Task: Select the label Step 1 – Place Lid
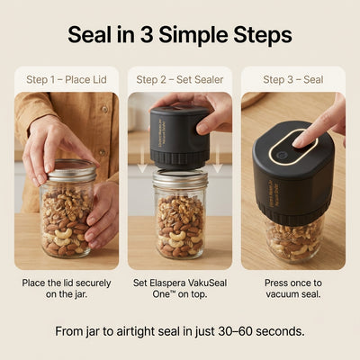pyautogui.click(x=67, y=79)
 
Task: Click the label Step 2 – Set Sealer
pyautogui.click(x=179, y=79)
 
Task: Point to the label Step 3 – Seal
pyautogui.click(x=293, y=79)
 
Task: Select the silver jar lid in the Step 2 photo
pyautogui.click(x=180, y=179)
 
